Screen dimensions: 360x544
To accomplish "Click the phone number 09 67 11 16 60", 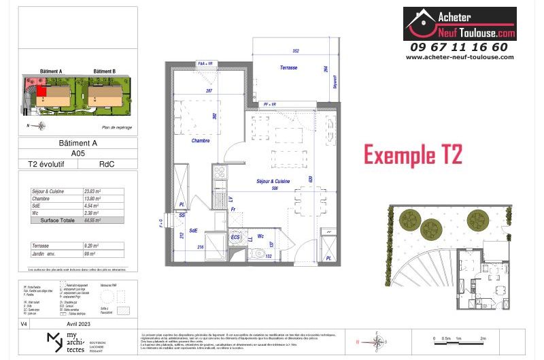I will pyautogui.click(x=458, y=47).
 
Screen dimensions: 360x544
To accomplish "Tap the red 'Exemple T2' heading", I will pyautogui.click(x=413, y=155).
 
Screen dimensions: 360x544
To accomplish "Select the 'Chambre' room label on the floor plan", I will pyautogui.click(x=201, y=141).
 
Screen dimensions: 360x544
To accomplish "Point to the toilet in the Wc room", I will pyautogui.click(x=258, y=253).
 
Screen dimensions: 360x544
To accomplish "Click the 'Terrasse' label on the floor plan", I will pyautogui.click(x=290, y=68).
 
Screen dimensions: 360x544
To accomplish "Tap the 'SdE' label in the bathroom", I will pyautogui.click(x=194, y=230).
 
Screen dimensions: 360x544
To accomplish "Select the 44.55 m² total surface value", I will pyautogui.click(x=92, y=220).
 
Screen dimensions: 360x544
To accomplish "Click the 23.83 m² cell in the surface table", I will pyautogui.click(x=92, y=191).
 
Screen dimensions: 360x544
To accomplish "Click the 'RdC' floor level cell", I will pyautogui.click(x=106, y=163).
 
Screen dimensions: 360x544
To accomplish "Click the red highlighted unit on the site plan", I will pyautogui.click(x=41, y=91).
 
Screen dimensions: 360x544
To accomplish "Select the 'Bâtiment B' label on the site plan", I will pyautogui.click(x=104, y=71).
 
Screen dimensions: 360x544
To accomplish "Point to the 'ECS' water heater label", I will pyautogui.click(x=235, y=237).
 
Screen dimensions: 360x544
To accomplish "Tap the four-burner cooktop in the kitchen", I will pyautogui.click(x=219, y=183).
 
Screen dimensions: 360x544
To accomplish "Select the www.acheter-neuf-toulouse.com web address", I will pyautogui.click(x=459, y=57).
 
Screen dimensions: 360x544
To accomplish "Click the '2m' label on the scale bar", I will pyautogui.click(x=482, y=338).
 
